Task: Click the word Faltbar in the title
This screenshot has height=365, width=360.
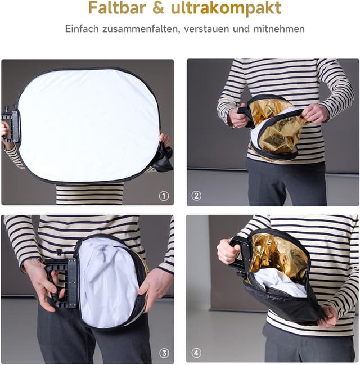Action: coord(118,8)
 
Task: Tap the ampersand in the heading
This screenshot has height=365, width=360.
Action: coord(159,8)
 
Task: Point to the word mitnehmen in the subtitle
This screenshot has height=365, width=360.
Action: coord(279,29)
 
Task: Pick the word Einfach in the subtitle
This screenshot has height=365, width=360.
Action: coord(82,29)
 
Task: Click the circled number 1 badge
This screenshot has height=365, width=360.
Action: coord(164,196)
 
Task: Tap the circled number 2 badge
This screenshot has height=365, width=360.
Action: coord(196,196)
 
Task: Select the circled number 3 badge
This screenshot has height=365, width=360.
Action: coord(164,353)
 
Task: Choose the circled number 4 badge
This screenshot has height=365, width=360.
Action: coord(196,353)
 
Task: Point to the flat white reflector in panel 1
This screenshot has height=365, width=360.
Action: coord(88,126)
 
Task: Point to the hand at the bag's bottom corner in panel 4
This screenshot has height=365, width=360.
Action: coord(328,316)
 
